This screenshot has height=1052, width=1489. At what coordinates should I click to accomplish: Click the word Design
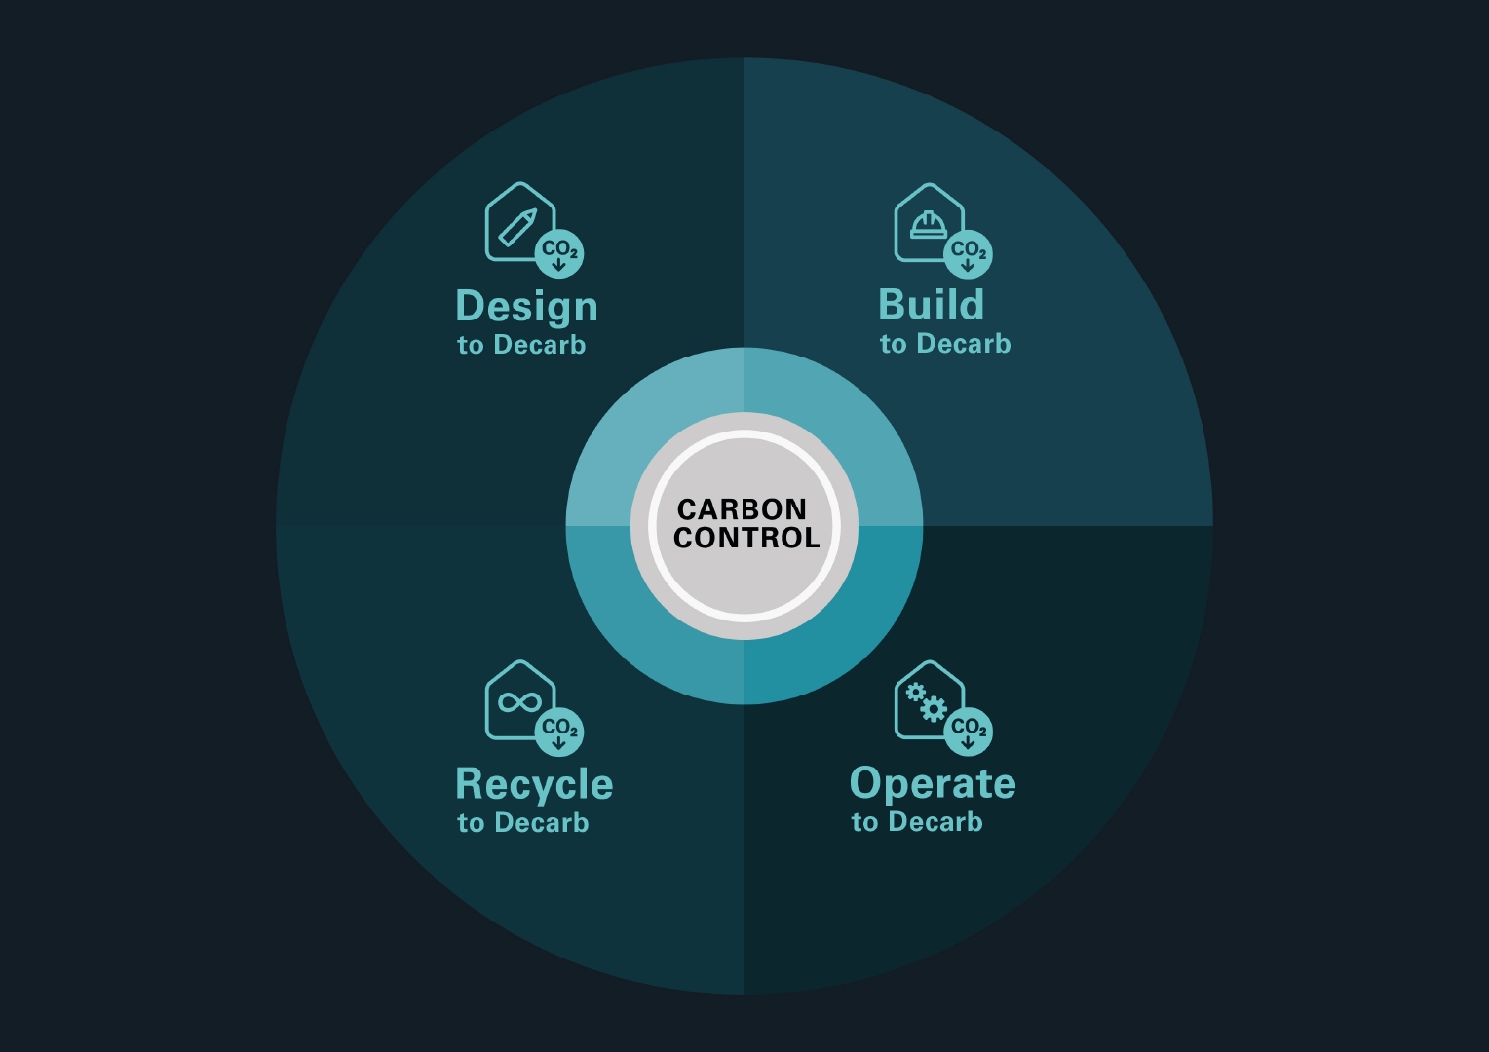pyautogui.click(x=526, y=308)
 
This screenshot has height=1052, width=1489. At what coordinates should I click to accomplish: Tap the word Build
pyautogui.click(x=931, y=304)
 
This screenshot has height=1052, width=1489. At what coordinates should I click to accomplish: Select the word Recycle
pyautogui.click(x=534, y=785)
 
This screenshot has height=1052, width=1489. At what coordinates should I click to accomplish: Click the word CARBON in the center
pyautogui.click(x=742, y=509)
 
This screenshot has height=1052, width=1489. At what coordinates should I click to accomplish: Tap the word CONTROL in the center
pyautogui.click(x=746, y=538)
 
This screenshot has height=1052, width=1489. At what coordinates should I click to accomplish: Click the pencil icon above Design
pyautogui.click(x=517, y=227)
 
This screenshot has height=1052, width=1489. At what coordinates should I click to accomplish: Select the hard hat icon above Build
pyautogui.click(x=929, y=225)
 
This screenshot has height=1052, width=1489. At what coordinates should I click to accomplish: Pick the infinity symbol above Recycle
pyautogui.click(x=519, y=701)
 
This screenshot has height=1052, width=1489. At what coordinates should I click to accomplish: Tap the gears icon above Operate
pyautogui.click(x=926, y=701)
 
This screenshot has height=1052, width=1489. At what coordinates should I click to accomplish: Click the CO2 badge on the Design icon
pyautogui.click(x=559, y=253)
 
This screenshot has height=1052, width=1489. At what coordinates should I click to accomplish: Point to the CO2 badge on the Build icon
pyautogui.click(x=968, y=254)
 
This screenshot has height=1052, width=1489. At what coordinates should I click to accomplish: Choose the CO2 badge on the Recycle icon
pyautogui.click(x=559, y=732)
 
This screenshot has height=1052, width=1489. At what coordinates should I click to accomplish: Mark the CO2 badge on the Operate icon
pyautogui.click(x=968, y=731)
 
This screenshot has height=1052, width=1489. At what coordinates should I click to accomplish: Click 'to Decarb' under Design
pyautogui.click(x=521, y=345)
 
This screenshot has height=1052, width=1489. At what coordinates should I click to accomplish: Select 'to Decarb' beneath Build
pyautogui.click(x=945, y=344)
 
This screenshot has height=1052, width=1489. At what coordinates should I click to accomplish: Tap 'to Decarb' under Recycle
pyautogui.click(x=523, y=823)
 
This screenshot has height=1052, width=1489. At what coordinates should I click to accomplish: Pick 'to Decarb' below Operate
pyautogui.click(x=917, y=822)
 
